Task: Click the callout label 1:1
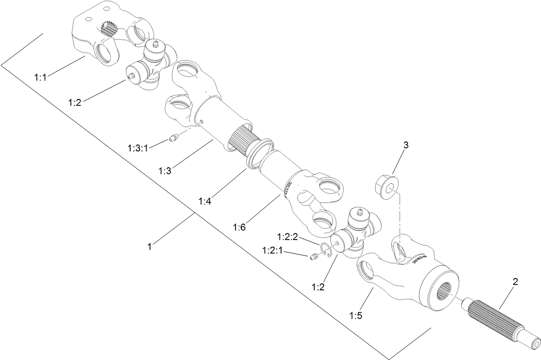click(42, 77)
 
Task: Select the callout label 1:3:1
click(138, 148)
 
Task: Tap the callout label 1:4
click(206, 200)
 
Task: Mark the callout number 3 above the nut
click(405, 145)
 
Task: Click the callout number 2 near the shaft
click(515, 282)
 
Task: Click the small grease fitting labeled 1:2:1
click(313, 257)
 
